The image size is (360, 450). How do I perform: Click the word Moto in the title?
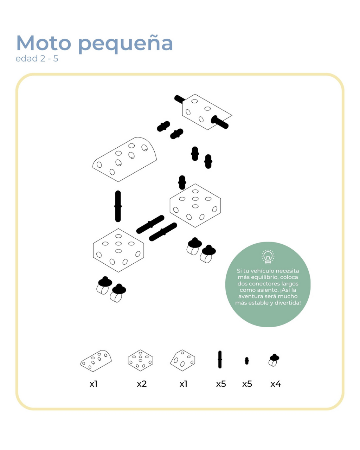coord(44,43)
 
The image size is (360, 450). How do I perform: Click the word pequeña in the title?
coord(126,44)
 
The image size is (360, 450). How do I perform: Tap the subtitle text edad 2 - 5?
coord(37,59)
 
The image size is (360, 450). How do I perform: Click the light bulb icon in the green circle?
coord(268,257)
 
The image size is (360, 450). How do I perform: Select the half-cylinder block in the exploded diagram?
coord(125,159)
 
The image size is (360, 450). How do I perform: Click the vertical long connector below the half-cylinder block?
coord(118,206)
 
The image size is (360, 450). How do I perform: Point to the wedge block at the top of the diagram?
coord(207,112)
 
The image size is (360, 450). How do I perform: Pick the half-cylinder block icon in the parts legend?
coord(96,361)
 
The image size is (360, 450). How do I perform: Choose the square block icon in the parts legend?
coord(141,360)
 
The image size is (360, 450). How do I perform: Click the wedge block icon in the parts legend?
coord(182,360)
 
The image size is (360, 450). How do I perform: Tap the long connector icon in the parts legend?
coord(220,359)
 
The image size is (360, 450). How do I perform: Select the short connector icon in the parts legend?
coord(247,361)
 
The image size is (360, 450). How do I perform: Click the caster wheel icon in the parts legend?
coord(274,360)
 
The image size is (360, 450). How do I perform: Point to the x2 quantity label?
coord(142,384)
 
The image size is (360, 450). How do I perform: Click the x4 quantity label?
coord(276,384)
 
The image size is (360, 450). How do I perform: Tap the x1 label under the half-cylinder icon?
coord(94,384)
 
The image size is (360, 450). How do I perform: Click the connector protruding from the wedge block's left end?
coord(180,99)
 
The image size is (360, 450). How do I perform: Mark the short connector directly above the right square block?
coord(182,182)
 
